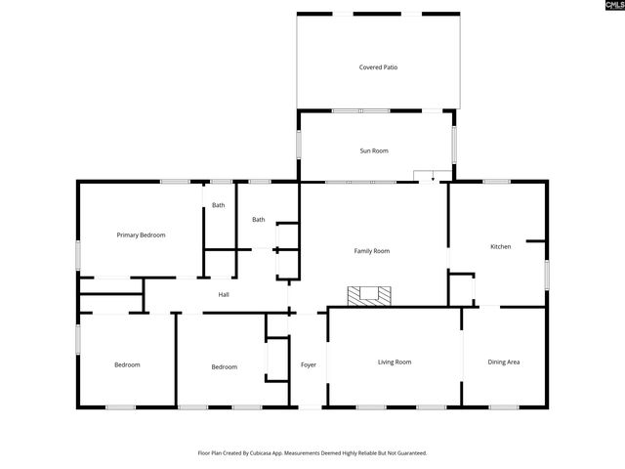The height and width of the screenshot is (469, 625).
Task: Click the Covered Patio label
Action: click(x=378, y=67)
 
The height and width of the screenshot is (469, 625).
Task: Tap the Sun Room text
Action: click(x=374, y=150)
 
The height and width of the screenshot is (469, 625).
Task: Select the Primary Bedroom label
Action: click(x=141, y=234)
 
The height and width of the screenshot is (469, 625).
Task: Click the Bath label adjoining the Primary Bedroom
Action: click(x=219, y=205)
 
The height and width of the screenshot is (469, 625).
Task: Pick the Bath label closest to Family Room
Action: click(x=258, y=220)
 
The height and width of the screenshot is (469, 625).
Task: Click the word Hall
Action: click(x=224, y=294)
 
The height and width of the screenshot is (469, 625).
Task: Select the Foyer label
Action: click(x=308, y=364)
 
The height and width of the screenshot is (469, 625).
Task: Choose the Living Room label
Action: click(x=395, y=362)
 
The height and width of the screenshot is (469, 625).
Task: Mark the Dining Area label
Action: click(x=503, y=362)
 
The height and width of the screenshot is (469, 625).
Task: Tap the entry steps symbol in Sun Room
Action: click(x=425, y=176)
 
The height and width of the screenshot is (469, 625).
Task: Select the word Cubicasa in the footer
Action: click(x=267, y=453)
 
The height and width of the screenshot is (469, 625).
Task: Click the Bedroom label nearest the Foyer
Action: click(x=224, y=366)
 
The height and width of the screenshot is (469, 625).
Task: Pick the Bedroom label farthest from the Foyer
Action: click(x=127, y=364)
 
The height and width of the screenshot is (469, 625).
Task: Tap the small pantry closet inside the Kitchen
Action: click(x=461, y=289)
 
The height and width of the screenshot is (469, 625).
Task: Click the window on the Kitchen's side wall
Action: click(x=547, y=275)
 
